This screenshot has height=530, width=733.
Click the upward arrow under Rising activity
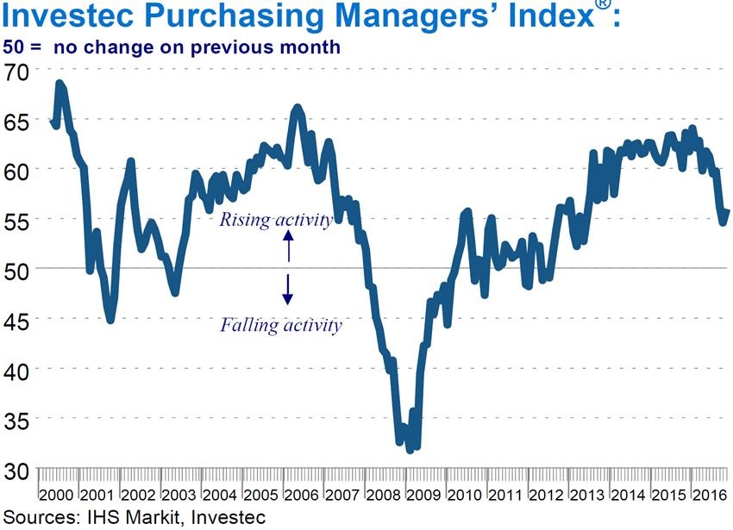coord(288,249)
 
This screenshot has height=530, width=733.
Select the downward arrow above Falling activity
coord(288,290)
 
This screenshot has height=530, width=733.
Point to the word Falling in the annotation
coord(247,326)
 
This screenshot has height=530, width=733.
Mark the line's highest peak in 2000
coord(59,83)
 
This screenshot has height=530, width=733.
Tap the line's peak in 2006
coord(298,108)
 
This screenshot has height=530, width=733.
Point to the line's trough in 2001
coord(110,321)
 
